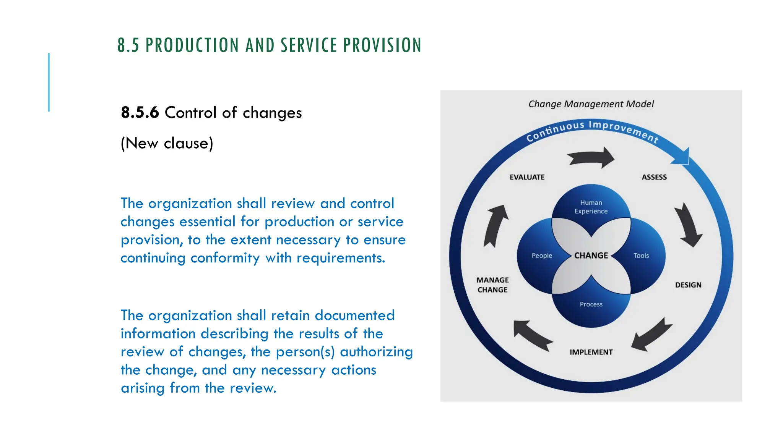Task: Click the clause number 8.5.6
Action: pos(140,113)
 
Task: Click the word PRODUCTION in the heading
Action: pos(193,45)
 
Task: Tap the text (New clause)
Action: pos(167,143)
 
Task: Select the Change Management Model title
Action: pos(591,104)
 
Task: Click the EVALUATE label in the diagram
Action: pos(527,177)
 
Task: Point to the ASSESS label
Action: pos(654,177)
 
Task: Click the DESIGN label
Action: pos(688,285)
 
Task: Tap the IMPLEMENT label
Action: pos(591,352)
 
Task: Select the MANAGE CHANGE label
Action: pos(492,285)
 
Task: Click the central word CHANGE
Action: pos(591,256)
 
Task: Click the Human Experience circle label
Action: pos(591,207)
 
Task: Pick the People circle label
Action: pos(542,256)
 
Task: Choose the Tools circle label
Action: pos(641,256)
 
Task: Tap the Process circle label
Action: pos(591,304)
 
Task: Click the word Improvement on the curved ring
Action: pos(623,129)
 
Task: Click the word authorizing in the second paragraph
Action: pos(376,352)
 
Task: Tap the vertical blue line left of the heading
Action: pos(49,82)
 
